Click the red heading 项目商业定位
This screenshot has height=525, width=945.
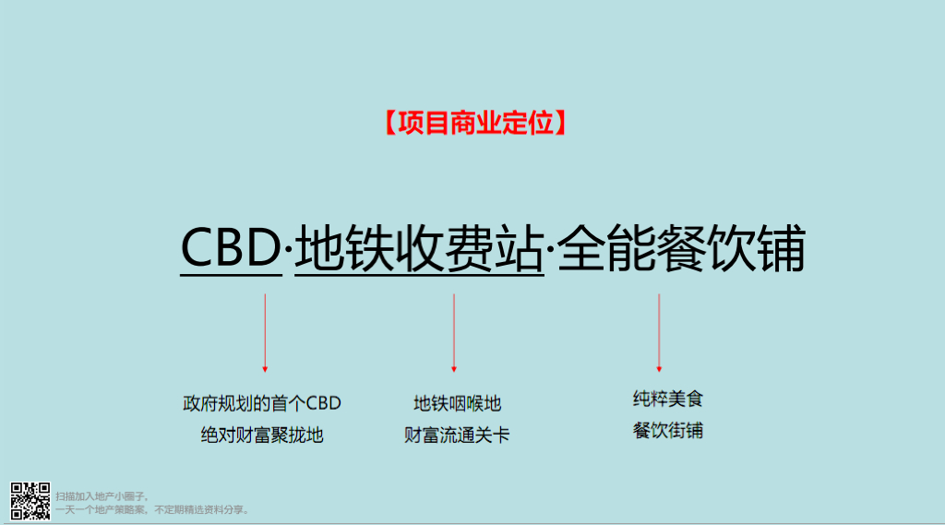pos(473,123)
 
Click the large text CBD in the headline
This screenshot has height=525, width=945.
pos(230,249)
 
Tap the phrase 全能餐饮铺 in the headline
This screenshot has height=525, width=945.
pos(683,249)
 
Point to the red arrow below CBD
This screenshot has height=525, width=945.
pos(265,332)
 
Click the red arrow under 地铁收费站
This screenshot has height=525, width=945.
pos(454,332)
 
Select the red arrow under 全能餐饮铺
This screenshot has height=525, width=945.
pos(659,332)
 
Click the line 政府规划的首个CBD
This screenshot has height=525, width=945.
pos(262,403)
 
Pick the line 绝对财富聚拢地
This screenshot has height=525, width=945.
pos(262,435)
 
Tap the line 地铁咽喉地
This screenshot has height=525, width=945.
pos(457,403)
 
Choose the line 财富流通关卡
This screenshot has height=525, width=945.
pos(457,435)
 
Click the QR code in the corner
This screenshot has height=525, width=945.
pos(30,500)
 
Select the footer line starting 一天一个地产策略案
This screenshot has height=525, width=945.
pos(152,509)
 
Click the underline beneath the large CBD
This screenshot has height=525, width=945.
pos(230,275)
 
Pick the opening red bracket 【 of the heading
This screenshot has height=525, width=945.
pos(388,123)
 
